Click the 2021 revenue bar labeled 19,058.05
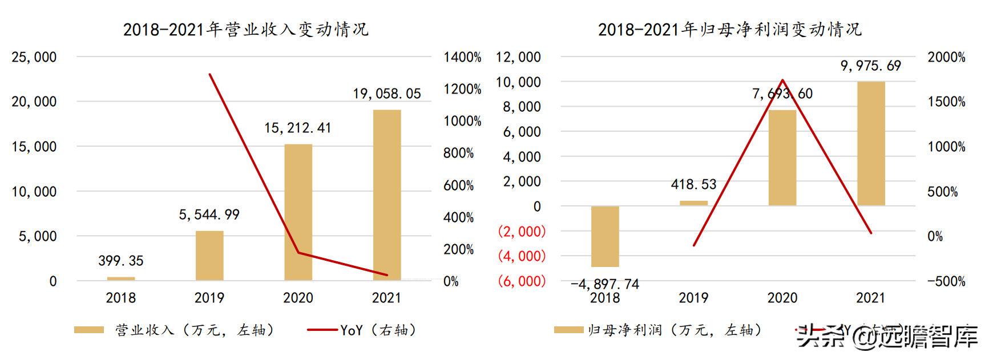[387, 195]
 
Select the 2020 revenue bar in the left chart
[298, 212]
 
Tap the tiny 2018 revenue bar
[121, 278]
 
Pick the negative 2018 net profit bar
[605, 236]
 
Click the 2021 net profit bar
[871, 143]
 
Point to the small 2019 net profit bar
[693, 203]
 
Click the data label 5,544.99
[209, 215]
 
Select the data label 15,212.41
[297, 128]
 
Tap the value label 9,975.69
[870, 66]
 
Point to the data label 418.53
[693, 184]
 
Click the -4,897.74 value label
[605, 284]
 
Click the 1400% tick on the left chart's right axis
[462, 57]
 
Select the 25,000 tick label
[34, 57]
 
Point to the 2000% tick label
[946, 57]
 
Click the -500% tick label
[946, 281]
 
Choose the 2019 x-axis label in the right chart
[693, 298]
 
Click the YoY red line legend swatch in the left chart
[322, 330]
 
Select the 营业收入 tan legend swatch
[89, 330]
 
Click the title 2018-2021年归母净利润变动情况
[729, 29]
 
